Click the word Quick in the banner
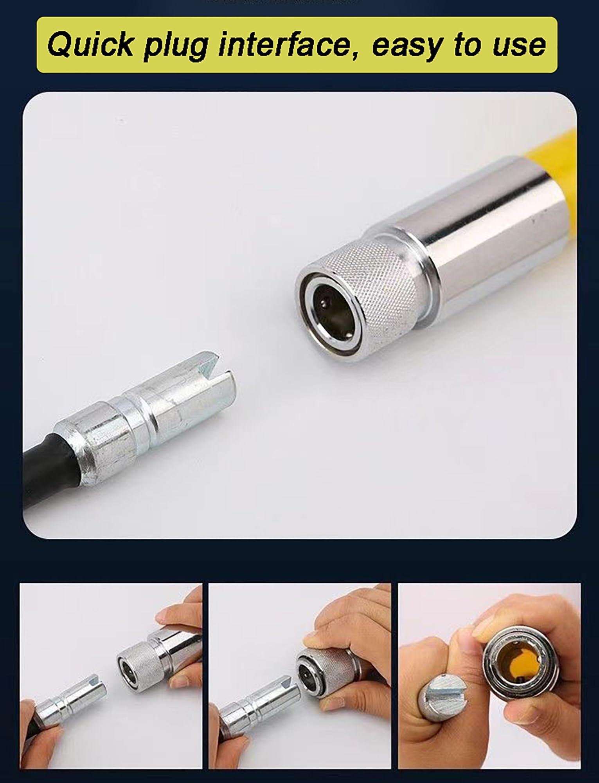point(92,45)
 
